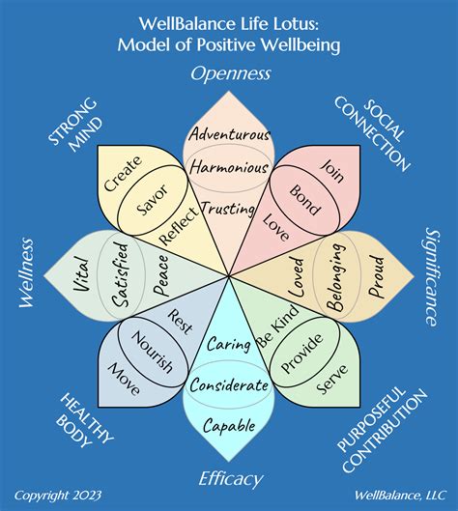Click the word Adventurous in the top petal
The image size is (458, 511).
click(229, 133)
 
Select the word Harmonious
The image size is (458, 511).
click(229, 168)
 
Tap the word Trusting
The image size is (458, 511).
click(229, 208)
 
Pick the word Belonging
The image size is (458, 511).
click(337, 279)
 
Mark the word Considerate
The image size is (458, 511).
click(229, 384)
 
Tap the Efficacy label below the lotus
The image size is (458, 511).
click(229, 476)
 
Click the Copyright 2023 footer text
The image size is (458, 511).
click(57, 495)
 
